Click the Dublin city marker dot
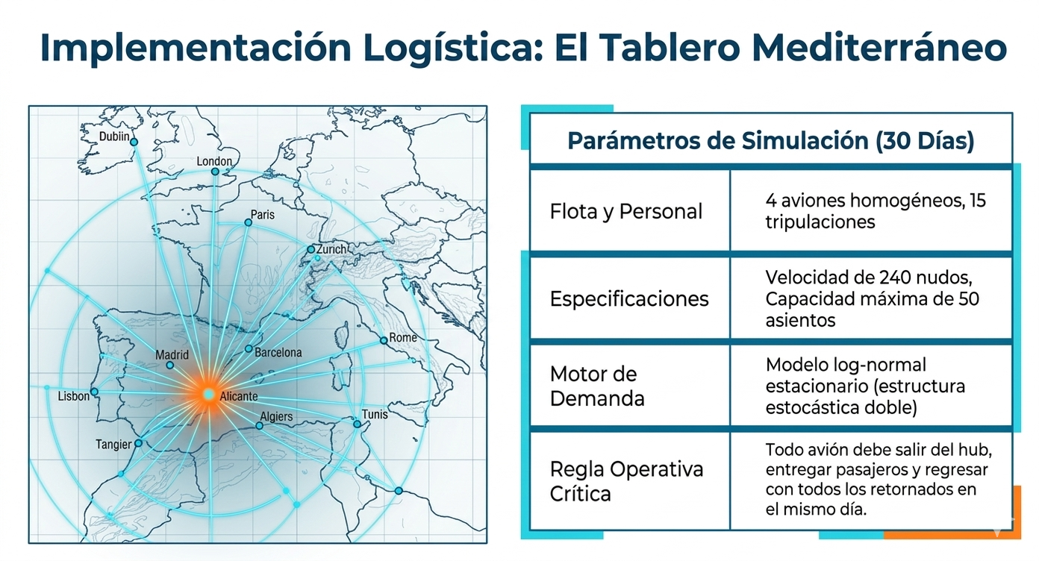134,142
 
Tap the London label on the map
213,161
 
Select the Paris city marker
248,222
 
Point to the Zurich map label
331,249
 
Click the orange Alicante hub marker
209,395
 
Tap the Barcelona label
278,352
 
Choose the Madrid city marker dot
169,366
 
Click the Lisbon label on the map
73,396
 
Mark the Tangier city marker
138,443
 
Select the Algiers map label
276,416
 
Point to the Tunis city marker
357,424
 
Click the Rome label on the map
402,337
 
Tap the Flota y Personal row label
625,211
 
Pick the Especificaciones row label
629,298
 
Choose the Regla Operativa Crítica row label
626,481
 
